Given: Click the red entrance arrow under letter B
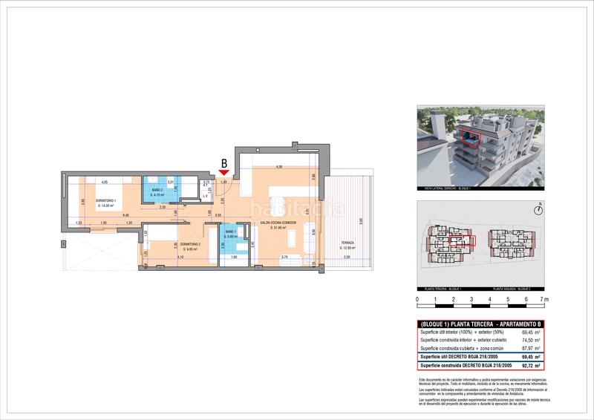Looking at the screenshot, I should coord(224,173).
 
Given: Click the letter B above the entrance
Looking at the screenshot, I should coord(224,163).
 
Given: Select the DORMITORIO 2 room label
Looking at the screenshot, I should coord(189,244).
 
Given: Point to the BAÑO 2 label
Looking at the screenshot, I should coord(157,191).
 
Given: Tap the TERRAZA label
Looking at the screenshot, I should coord(347,243).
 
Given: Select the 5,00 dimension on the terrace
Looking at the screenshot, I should coord(361,220).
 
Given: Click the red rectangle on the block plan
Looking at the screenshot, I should coord(462,241).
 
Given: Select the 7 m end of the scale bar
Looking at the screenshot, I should coord(544,300).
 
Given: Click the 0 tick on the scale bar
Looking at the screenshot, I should coord(417,300).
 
